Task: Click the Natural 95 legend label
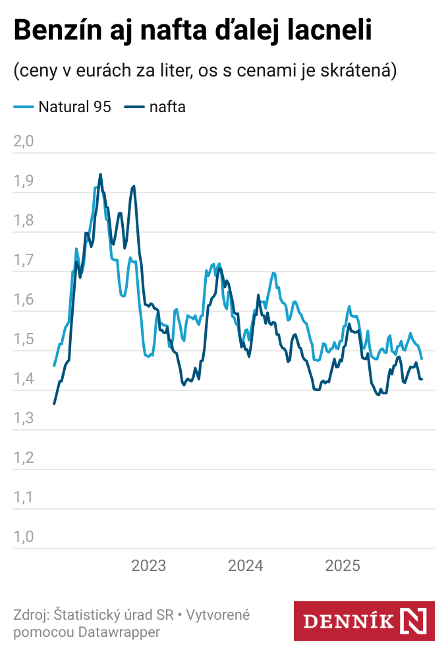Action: point(74,107)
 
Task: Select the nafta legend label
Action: point(167,107)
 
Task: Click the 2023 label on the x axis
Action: point(149,566)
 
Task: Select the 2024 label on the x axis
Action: point(246,566)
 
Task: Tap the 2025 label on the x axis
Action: point(343,566)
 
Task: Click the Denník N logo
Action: point(364,620)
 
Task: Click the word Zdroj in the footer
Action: point(29,615)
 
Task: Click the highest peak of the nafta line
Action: point(100,175)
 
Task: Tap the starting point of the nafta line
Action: point(54,403)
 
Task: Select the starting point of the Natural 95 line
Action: point(54,365)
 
